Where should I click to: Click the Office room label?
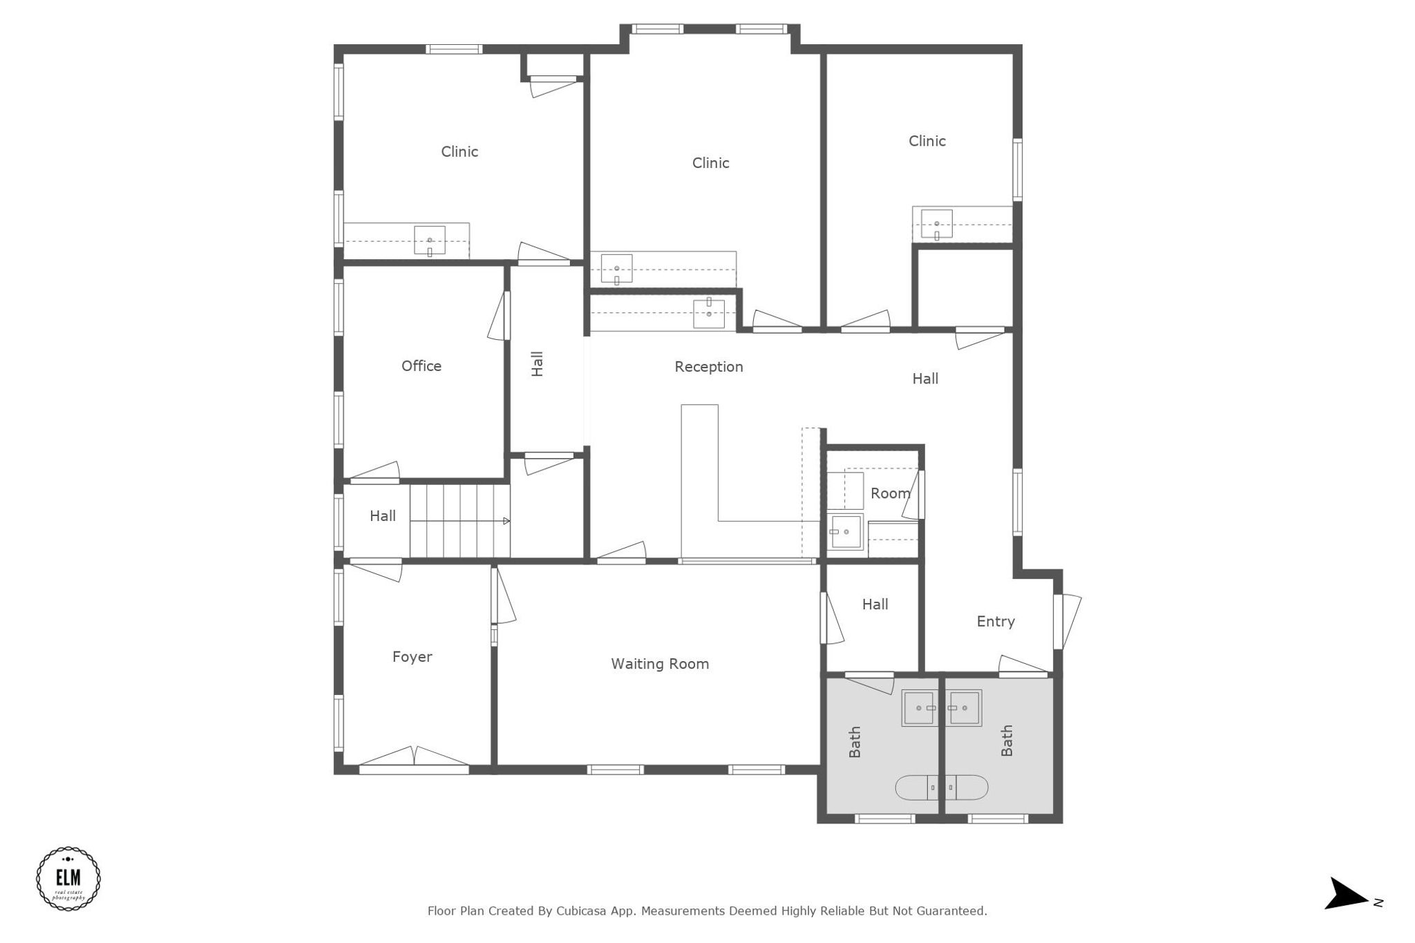tap(421, 366)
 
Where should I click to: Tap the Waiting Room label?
tap(659, 664)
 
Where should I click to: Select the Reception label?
tap(708, 367)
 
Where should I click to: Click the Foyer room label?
tap(412, 657)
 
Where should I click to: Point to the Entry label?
tap(995, 622)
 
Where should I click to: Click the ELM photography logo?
tap(68, 879)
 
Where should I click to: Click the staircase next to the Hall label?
tap(459, 521)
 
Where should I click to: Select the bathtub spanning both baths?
tap(941, 788)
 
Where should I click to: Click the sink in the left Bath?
tap(920, 708)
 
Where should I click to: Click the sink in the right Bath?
tap(963, 708)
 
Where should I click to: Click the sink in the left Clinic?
tap(429, 240)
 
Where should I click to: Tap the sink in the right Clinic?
tap(936, 224)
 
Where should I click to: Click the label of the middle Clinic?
tap(710, 163)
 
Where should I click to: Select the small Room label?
tap(889, 494)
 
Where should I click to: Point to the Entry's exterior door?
tap(1067, 622)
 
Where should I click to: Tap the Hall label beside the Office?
tap(537, 364)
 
